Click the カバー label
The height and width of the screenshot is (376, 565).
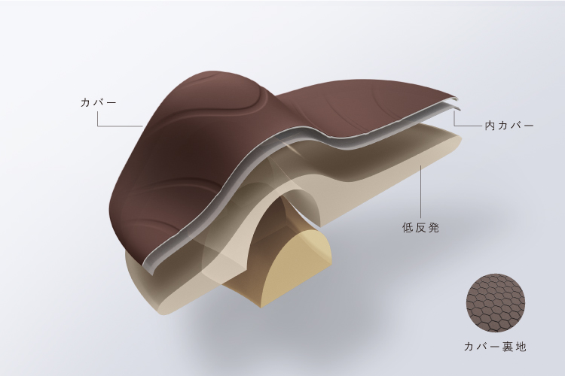coord(99,103)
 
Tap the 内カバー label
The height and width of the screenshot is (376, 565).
coord(508,126)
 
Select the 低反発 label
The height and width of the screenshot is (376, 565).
coord(420,228)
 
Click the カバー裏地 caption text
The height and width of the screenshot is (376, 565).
coord(495,347)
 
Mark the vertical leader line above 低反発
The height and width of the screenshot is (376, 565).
coord(420,191)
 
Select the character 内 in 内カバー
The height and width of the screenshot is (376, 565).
coord(490,126)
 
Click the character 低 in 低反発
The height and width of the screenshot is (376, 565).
coord(408,228)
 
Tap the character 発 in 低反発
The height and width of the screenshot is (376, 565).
coord(433,228)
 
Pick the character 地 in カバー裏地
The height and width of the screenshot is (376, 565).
coord(521,347)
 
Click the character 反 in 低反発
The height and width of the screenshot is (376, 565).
coord(420,228)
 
